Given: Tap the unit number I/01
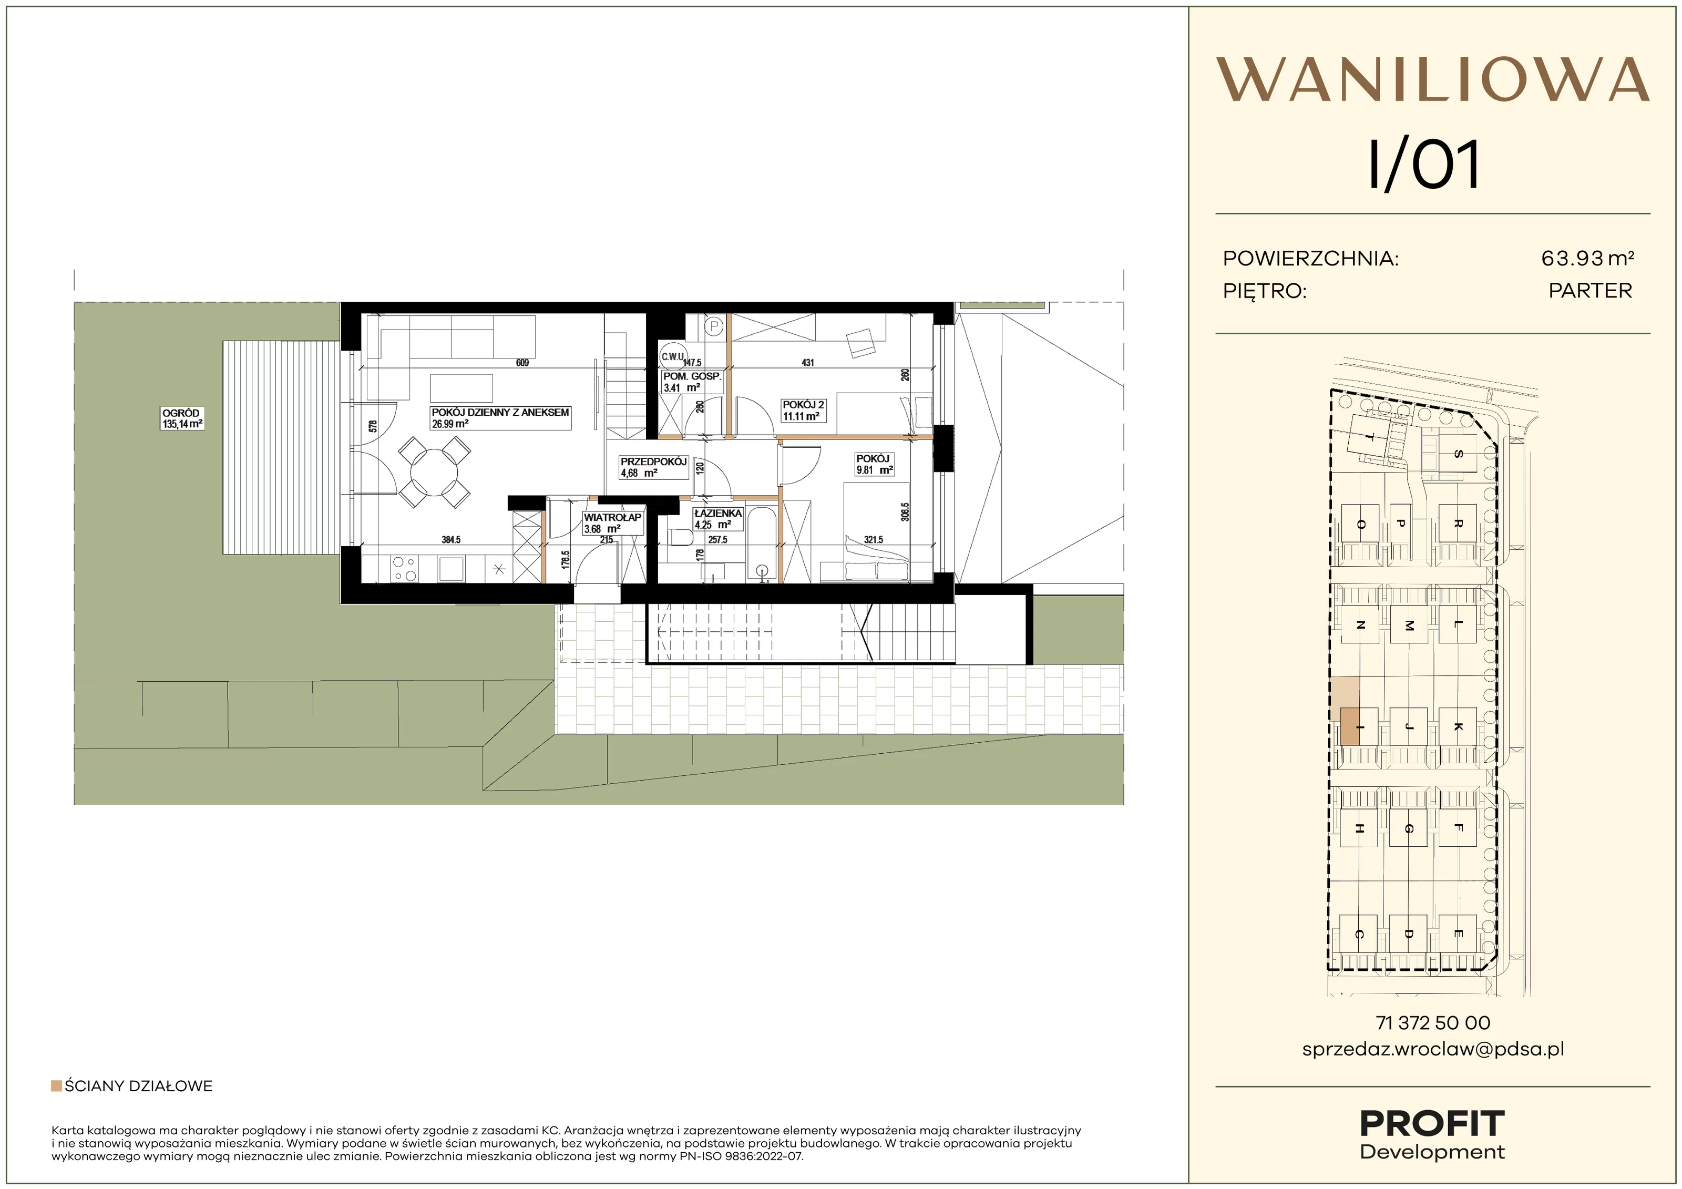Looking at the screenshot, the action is coord(1424,165).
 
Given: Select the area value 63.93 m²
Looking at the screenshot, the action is coord(1587,258).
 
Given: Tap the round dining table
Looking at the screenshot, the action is coord(434,473).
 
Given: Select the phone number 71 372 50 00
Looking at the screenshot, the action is coord(1433,1023).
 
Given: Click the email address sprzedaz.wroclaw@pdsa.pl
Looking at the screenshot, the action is coord(1433,1049).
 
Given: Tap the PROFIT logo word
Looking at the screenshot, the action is coord(1432,1124).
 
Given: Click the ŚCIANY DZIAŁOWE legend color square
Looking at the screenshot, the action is coord(56,1085).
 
